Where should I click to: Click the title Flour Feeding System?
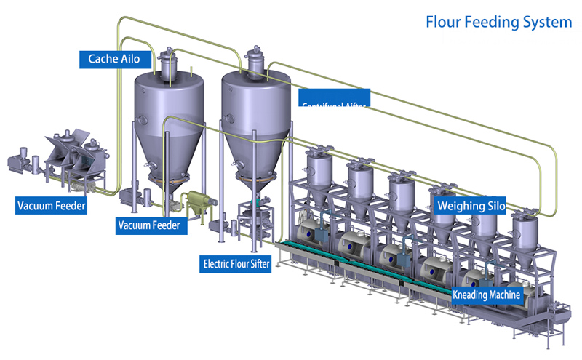tap(498, 22)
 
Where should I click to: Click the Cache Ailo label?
tap(114, 58)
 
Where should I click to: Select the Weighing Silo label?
tap(471, 206)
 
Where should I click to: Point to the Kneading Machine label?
tap(487, 295)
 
